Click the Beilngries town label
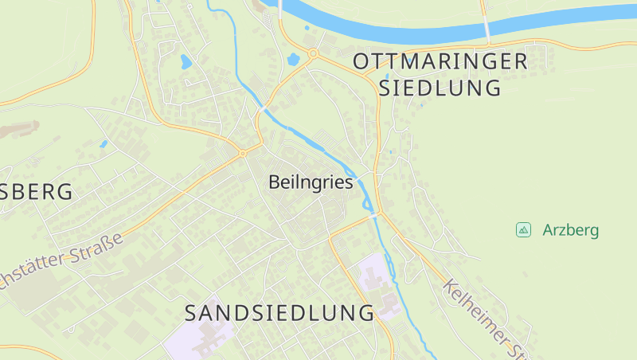tap(311, 182)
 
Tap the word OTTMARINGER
tap(440, 61)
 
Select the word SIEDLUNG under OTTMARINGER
tap(440, 88)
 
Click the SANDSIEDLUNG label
tap(279, 313)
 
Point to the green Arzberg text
tap(570, 231)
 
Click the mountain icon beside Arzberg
tap(523, 230)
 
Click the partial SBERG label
tap(36, 192)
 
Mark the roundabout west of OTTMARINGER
tap(313, 53)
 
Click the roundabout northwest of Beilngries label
tap(242, 153)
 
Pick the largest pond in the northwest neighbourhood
tap(186, 61)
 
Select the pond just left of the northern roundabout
tap(293, 59)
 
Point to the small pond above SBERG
tap(104, 145)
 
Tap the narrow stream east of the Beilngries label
tap(364, 188)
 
